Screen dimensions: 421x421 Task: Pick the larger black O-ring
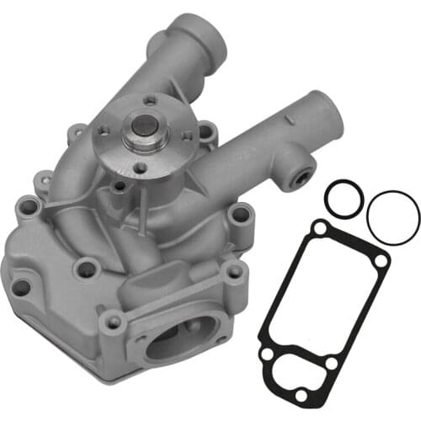[393, 215]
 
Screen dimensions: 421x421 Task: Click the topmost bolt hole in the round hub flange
[149, 102]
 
